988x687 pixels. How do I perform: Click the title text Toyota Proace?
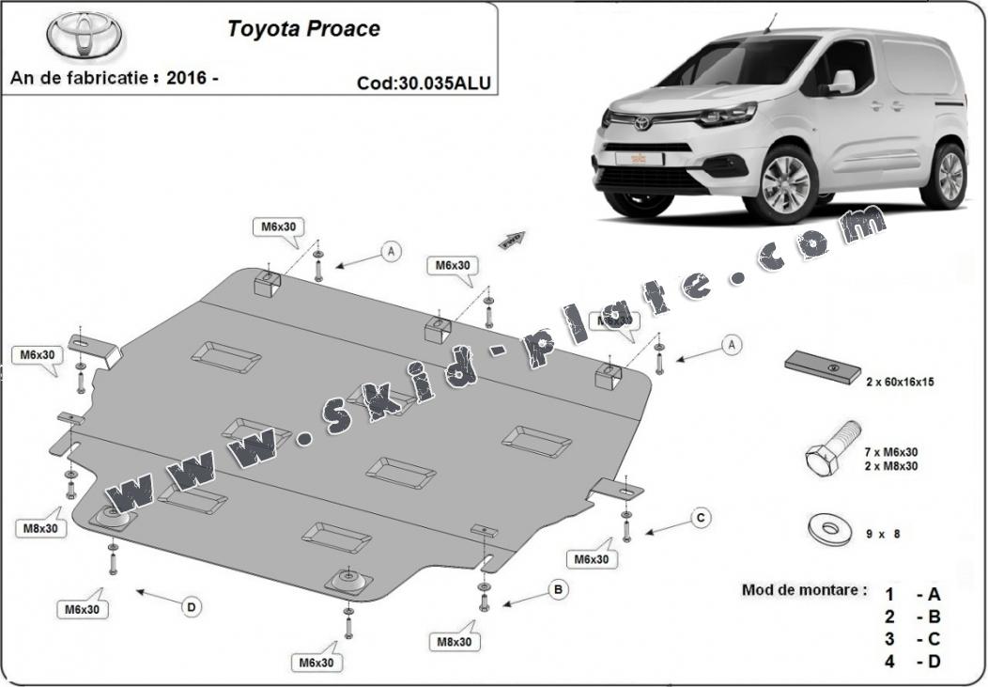pos(303,29)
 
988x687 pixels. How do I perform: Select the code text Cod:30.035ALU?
pos(423,83)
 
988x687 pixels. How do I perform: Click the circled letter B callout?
pos(559,589)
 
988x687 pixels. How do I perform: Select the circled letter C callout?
pos(700,517)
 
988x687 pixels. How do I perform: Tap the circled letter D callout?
pos(192,607)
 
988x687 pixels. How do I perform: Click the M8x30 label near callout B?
pos(455,642)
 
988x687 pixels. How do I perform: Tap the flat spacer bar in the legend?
pos(824,367)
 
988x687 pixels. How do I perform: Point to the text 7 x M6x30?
pos(891,452)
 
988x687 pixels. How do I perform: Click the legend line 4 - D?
pos(913,661)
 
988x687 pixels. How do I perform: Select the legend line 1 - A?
pos(913,594)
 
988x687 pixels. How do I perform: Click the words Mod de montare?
pos(804,590)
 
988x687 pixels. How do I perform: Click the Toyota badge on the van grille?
pos(642,123)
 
